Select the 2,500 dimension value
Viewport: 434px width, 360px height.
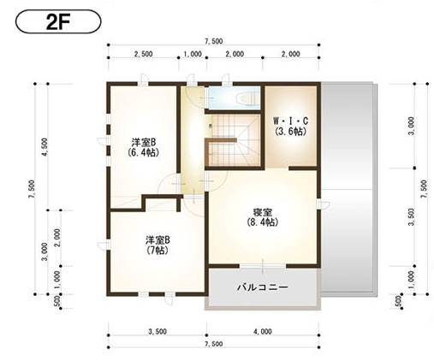(x=143, y=53)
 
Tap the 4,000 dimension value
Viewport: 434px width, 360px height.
(x=262, y=331)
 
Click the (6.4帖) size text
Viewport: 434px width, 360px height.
(x=142, y=152)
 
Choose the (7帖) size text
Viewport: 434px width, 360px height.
(x=157, y=251)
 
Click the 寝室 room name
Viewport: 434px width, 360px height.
(x=262, y=211)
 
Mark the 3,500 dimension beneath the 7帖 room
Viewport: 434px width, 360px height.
(x=157, y=331)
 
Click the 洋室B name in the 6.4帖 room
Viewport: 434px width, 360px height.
(x=142, y=141)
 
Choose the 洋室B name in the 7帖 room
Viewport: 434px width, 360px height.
(x=157, y=240)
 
